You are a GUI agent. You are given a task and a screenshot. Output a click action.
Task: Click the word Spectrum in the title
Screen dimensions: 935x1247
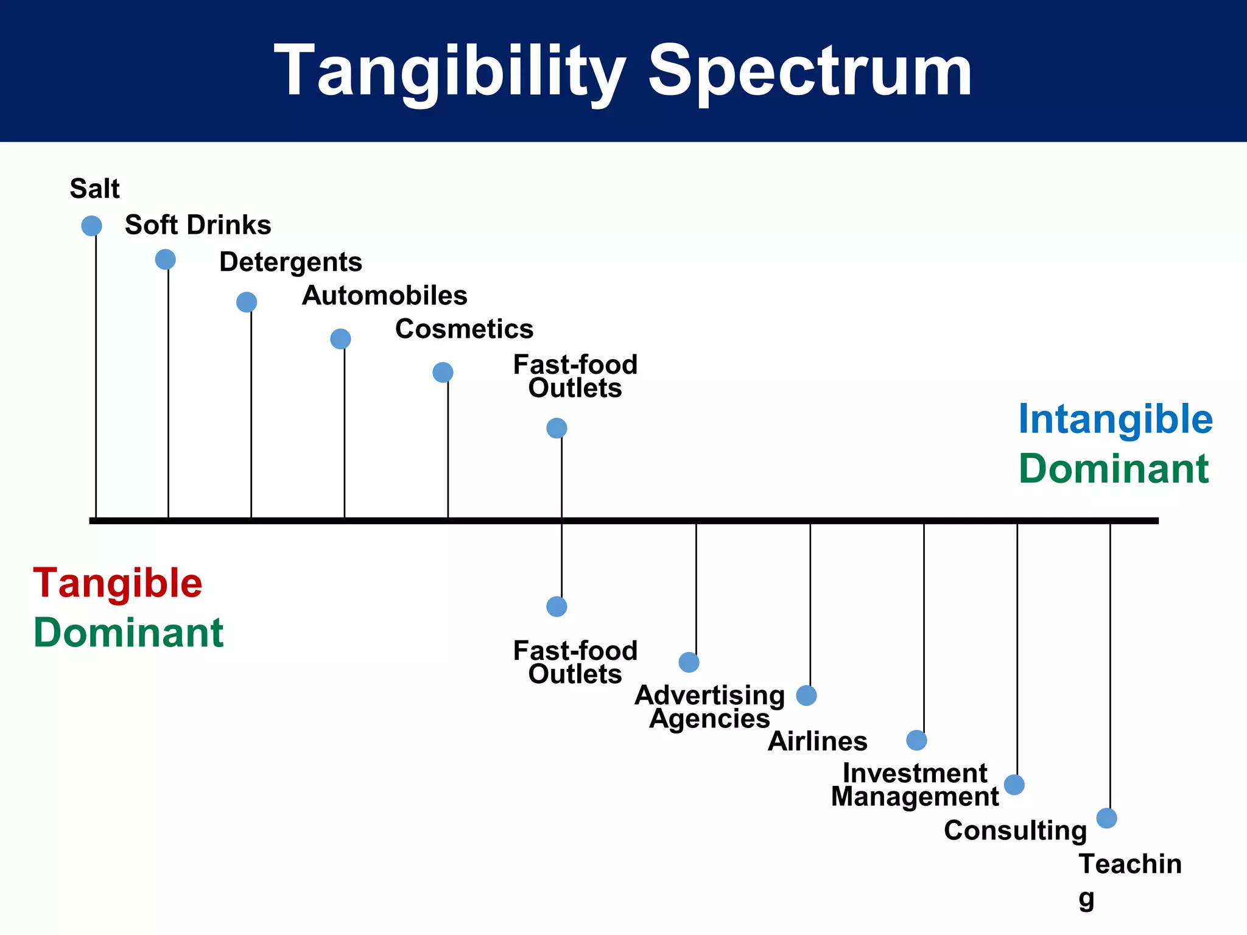click(810, 72)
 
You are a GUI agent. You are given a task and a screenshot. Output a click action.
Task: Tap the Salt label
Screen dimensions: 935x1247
click(94, 189)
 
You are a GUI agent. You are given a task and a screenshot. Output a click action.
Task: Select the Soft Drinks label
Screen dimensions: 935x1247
click(198, 225)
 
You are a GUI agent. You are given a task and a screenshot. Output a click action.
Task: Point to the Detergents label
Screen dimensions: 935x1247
click(290, 262)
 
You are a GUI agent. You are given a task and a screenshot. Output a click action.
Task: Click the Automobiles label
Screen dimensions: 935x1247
click(384, 296)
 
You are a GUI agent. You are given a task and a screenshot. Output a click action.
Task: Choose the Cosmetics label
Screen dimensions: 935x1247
click(464, 329)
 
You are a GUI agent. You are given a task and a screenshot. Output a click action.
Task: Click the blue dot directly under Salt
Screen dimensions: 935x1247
click(91, 226)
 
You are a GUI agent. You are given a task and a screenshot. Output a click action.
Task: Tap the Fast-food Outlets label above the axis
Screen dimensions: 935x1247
click(575, 376)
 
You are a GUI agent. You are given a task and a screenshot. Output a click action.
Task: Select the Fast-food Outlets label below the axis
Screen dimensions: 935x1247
click(575, 662)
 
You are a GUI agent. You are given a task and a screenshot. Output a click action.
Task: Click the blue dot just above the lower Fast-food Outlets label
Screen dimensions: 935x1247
click(557, 606)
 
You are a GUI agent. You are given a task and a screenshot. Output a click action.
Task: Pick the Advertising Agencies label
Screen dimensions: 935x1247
click(709, 707)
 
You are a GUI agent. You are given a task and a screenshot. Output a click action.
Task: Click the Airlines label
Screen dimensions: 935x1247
click(817, 741)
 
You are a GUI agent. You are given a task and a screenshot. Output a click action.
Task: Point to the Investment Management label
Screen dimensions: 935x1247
click(915, 785)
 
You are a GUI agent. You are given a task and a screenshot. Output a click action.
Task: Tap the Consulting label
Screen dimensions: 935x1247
click(1015, 831)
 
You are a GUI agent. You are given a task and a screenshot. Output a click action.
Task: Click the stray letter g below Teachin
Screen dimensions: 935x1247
click(1086, 899)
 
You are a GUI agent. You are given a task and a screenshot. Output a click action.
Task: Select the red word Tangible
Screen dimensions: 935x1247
click(118, 583)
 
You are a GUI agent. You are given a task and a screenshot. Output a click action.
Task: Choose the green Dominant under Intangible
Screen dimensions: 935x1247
click(1113, 469)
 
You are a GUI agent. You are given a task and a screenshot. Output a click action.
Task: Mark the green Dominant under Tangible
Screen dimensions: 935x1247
click(128, 632)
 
